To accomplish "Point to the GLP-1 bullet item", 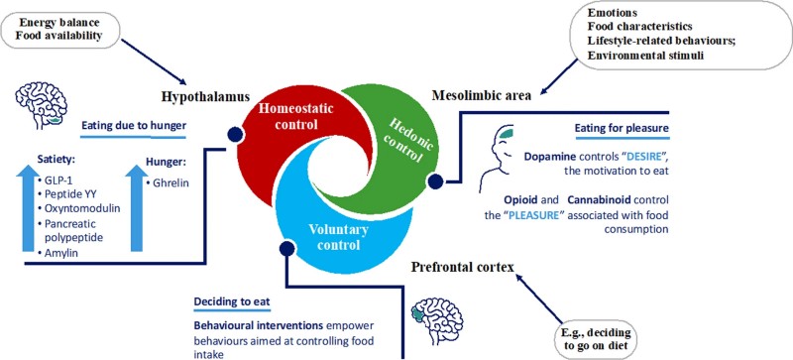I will tap(51, 183).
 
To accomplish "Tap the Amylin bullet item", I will tap(52, 254).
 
